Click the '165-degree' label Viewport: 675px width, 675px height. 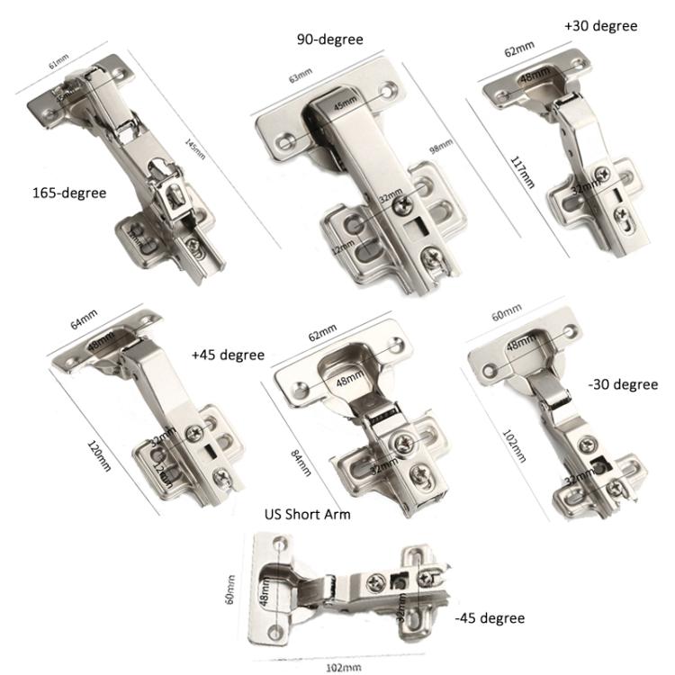(x=69, y=193)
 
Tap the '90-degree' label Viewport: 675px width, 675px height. (x=330, y=40)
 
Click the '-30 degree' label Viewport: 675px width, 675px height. (x=622, y=384)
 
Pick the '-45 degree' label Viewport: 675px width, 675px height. (x=490, y=618)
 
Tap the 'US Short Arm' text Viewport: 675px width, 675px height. (x=307, y=515)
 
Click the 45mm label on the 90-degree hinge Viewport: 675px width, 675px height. (x=346, y=104)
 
